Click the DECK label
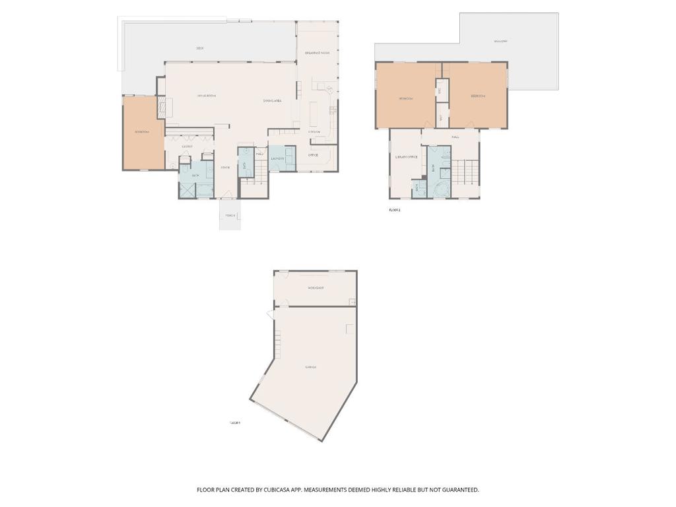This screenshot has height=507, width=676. coord(199,48)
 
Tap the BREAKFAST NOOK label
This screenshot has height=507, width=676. coord(317,53)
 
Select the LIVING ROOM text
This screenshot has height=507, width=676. coord(207,96)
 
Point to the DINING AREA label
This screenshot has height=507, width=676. coord(273,100)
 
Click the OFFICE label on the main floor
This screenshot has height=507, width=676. coord(313,155)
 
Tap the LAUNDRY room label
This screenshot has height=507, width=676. coord(277,158)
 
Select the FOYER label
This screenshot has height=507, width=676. coord(225,167)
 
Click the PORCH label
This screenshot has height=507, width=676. coord(230,215)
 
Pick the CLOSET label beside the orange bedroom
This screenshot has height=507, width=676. coord(187,147)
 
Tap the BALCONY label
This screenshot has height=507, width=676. coord(500,42)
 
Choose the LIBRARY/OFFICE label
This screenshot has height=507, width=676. coord(406,157)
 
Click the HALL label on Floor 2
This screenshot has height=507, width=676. coord(456,137)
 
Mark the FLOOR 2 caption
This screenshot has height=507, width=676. coord(394,210)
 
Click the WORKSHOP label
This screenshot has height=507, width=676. coord(315,288)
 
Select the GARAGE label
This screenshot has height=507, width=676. coord(310,367)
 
